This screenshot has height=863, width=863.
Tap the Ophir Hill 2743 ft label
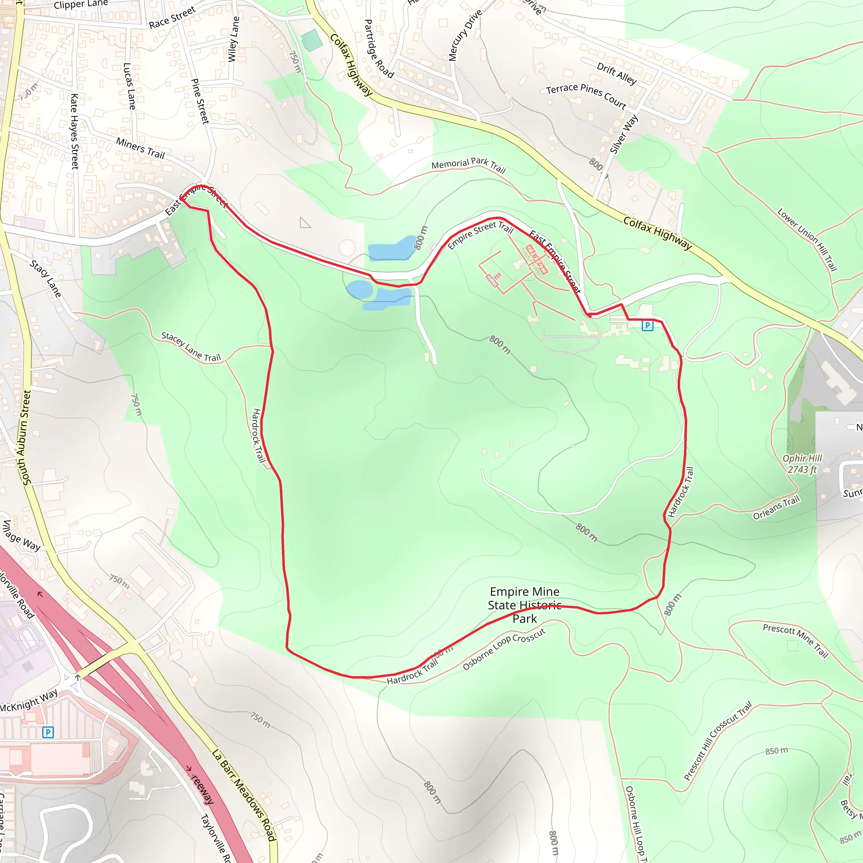point(802,464)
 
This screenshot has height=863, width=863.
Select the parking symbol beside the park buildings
point(647,325)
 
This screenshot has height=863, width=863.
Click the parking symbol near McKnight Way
point(48,732)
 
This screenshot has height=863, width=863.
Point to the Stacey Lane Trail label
point(191,347)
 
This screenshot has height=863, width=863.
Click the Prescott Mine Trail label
point(796,641)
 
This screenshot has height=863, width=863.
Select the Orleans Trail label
point(776,508)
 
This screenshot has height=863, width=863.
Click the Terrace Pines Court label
point(586,95)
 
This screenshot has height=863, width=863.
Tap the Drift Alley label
point(616,74)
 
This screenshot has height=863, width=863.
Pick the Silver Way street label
point(624,134)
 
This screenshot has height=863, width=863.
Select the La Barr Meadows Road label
point(244,796)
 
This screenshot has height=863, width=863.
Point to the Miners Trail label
point(140,148)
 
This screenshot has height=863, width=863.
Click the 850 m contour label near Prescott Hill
point(776,751)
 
